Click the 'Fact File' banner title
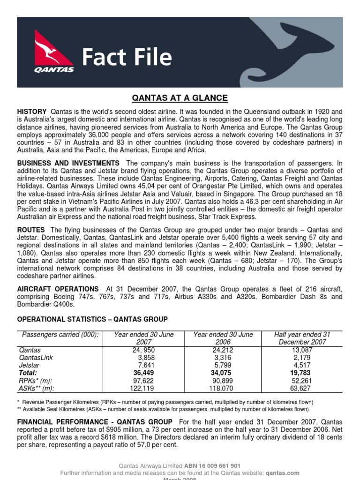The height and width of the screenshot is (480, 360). (x=127, y=58)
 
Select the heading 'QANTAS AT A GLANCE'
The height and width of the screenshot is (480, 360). (x=180, y=98)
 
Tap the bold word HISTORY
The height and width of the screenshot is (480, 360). (x=32, y=112)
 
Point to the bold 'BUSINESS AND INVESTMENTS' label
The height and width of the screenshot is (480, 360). (x=68, y=163)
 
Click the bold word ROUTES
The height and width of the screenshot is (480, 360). (x=31, y=230)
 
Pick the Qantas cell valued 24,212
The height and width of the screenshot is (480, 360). (x=223, y=350)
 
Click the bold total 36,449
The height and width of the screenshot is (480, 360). (x=144, y=372)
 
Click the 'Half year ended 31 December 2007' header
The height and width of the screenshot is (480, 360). (x=302, y=338)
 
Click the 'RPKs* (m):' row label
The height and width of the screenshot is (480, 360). (x=36, y=380)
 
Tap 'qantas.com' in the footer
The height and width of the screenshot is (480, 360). (x=284, y=473)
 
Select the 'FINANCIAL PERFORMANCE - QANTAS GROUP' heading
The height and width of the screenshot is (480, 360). (x=95, y=422)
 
